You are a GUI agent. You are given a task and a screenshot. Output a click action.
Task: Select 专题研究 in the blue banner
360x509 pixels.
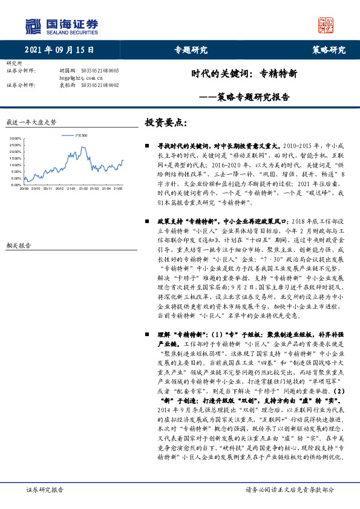pyautogui.click(x=191, y=50)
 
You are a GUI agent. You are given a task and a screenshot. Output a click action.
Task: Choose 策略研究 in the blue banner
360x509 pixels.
pyautogui.click(x=329, y=50)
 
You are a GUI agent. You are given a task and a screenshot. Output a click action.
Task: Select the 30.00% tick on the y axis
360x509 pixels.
pyautogui.click(x=15, y=139)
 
